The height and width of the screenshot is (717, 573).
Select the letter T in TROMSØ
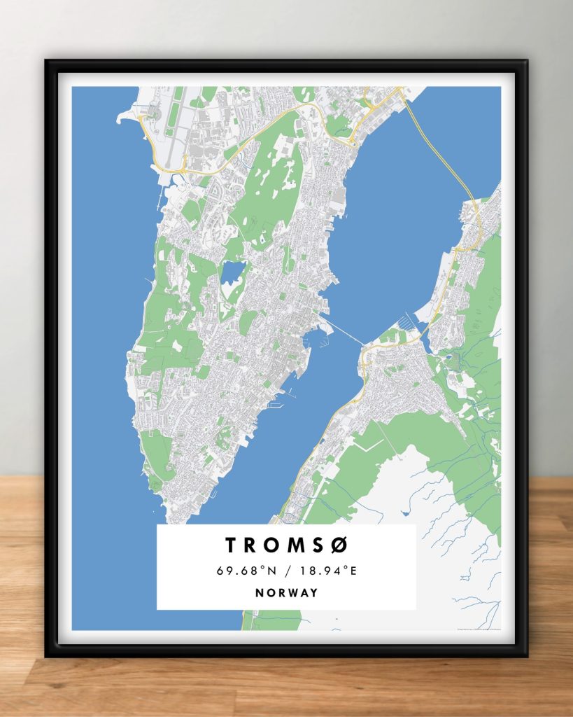231,545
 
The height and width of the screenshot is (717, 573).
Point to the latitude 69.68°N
245,571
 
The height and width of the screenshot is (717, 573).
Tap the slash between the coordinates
287,571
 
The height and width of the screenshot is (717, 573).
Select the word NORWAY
286,593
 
